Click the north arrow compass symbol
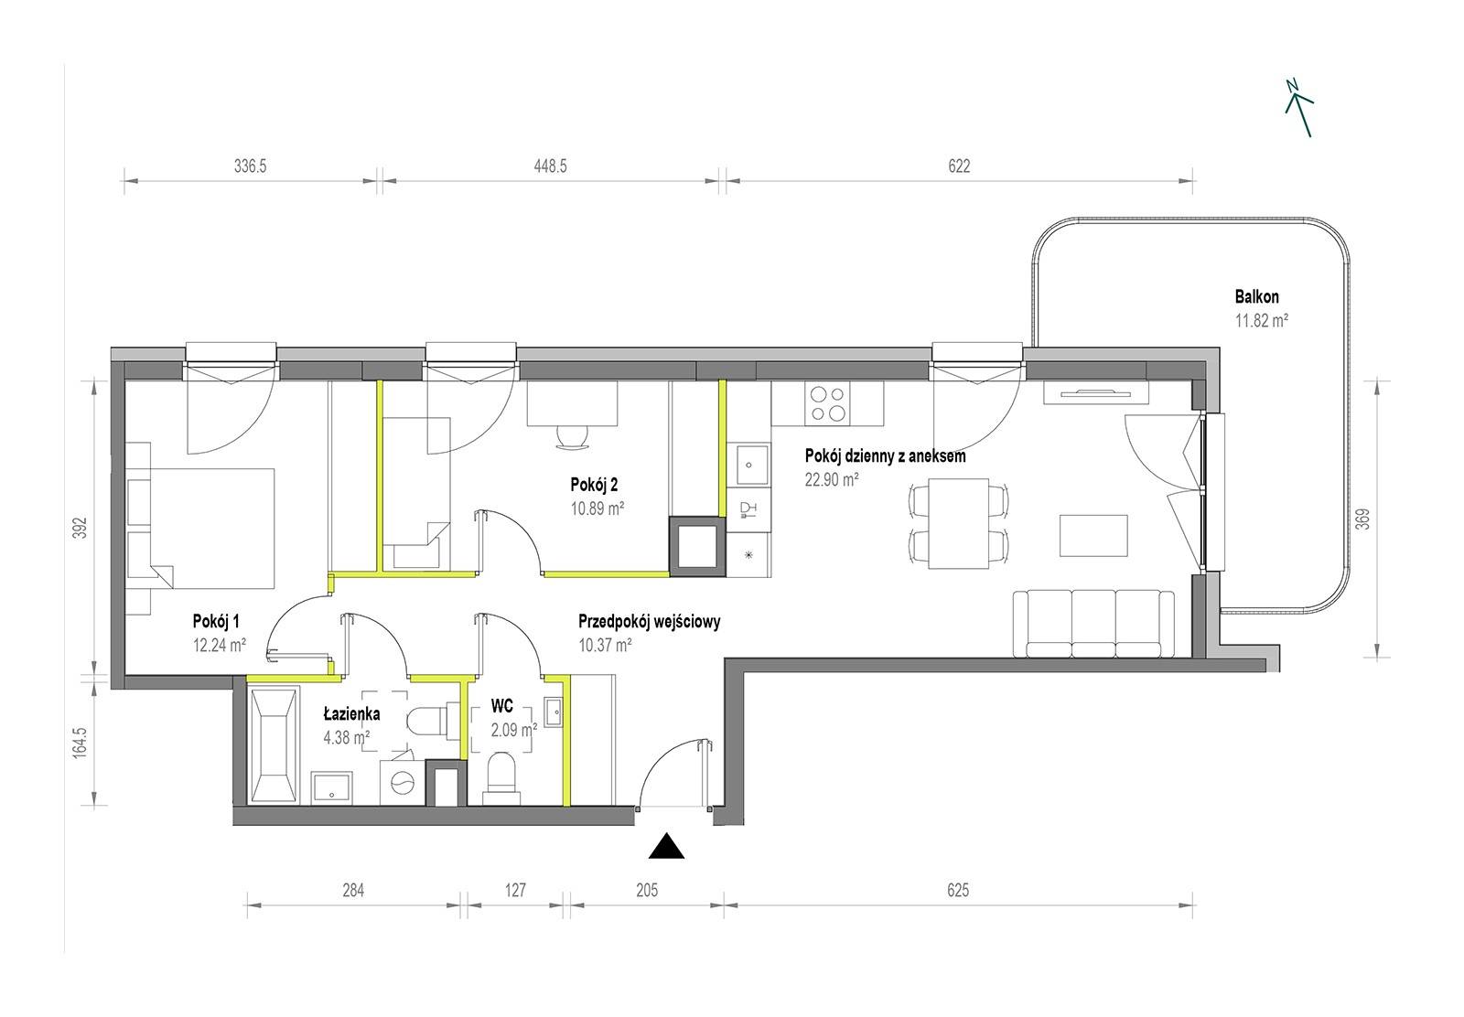pos(1299,109)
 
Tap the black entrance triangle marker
pos(666,846)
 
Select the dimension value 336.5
pos(251,166)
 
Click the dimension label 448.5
pos(550,166)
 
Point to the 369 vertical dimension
pos(1362,519)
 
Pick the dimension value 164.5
pos(79,743)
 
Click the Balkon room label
pos(1257,296)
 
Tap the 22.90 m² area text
pos(832,479)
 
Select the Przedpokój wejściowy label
pos(649,621)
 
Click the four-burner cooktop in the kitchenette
pos(829,403)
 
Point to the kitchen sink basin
pos(749,465)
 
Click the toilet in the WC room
pos(501,778)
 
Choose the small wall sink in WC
pos(553,711)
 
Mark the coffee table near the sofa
pos(1094,535)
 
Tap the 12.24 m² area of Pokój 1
pos(220,645)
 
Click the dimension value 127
pos(515,890)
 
